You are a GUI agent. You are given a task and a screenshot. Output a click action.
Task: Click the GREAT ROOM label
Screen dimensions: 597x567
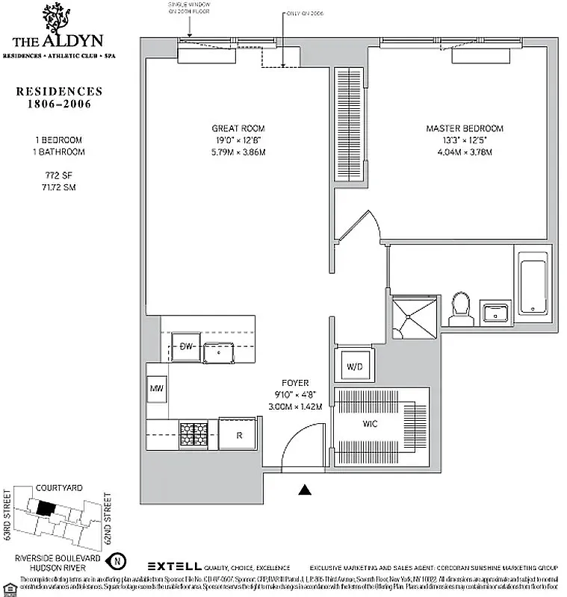tap(238, 128)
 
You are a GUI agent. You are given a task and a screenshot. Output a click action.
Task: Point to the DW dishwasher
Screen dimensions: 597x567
tap(186, 346)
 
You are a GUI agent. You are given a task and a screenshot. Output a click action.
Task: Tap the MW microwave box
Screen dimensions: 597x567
tap(157, 389)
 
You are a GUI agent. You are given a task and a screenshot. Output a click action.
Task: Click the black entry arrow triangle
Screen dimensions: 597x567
tap(304, 490)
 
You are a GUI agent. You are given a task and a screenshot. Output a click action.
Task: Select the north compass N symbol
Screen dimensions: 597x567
tap(117, 560)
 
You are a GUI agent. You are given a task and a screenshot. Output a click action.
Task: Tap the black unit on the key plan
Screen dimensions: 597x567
tap(46, 507)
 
